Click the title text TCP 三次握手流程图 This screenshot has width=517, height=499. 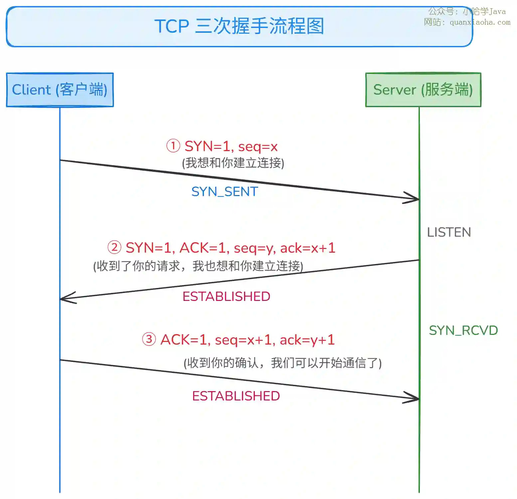click(x=239, y=26)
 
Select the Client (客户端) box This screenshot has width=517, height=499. click(x=60, y=90)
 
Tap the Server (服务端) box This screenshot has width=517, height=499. click(x=423, y=90)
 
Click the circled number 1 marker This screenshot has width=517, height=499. click(x=173, y=146)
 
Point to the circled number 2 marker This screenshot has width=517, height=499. click(x=114, y=248)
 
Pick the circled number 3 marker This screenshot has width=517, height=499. click(x=149, y=340)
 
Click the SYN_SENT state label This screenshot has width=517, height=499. click(x=225, y=192)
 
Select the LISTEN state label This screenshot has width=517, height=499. click(x=449, y=232)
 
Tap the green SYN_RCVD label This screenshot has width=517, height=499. click(x=463, y=331)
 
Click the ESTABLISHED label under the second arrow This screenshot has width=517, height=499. click(x=226, y=297)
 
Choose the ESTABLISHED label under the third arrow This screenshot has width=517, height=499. click(x=236, y=396)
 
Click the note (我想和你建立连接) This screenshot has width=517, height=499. click(x=233, y=163)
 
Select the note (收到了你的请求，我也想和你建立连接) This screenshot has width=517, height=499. click(x=198, y=266)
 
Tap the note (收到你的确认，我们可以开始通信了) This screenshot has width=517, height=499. click(x=282, y=363)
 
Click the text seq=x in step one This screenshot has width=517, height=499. click(x=258, y=146)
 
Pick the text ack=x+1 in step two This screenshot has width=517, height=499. click(x=307, y=248)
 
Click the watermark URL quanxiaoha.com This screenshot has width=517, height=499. click(x=480, y=23)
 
